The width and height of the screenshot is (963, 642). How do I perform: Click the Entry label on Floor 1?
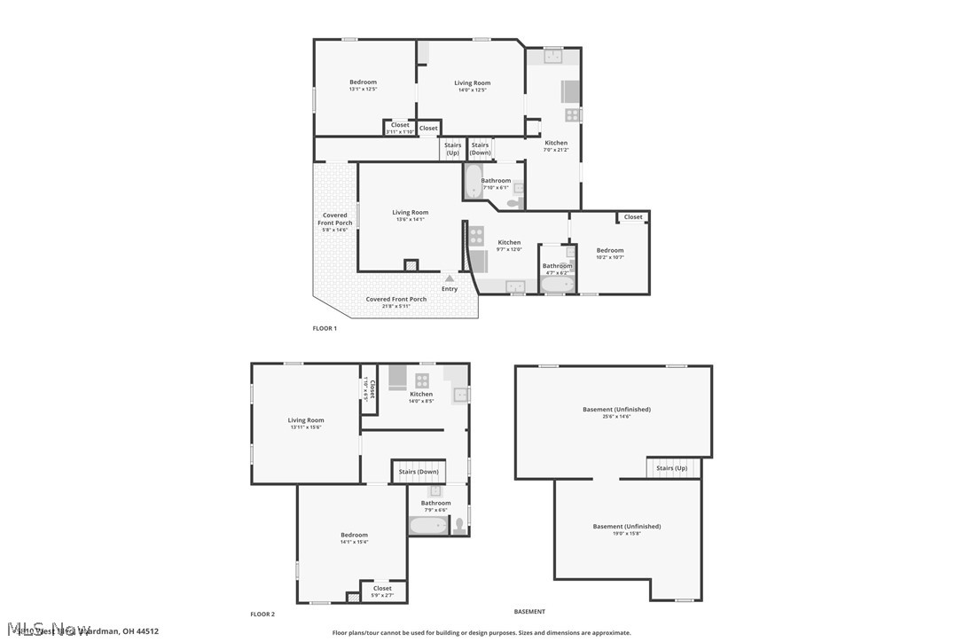click(450, 289)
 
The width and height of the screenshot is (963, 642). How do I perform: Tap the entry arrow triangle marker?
click(450, 278)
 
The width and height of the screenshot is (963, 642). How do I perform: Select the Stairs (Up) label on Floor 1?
click(452, 149)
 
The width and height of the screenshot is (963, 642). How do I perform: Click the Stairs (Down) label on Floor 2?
click(419, 472)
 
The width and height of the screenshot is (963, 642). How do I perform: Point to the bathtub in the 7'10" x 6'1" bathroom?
click(473, 181)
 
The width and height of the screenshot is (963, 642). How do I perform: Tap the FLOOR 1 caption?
click(325, 328)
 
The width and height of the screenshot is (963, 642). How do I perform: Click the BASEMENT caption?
click(529, 612)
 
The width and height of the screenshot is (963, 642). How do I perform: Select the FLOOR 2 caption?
click(262, 614)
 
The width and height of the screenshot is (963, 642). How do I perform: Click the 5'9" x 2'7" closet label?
click(382, 591)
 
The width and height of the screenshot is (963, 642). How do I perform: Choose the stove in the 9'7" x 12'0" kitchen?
click(476, 236)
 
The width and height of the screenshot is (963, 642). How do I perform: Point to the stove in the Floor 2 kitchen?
click(422, 380)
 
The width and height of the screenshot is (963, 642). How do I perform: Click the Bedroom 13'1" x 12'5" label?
click(363, 85)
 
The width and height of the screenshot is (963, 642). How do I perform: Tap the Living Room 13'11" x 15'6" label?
click(306, 424)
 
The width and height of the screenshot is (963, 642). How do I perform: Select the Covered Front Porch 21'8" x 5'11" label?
click(396, 302)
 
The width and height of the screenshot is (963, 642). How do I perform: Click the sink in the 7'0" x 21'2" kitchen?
click(553, 56)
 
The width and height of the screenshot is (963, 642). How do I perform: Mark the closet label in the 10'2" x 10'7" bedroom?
click(633, 217)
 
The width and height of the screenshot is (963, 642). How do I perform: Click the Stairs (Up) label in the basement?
click(671, 468)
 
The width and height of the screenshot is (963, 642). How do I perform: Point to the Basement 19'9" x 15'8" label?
click(627, 529)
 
